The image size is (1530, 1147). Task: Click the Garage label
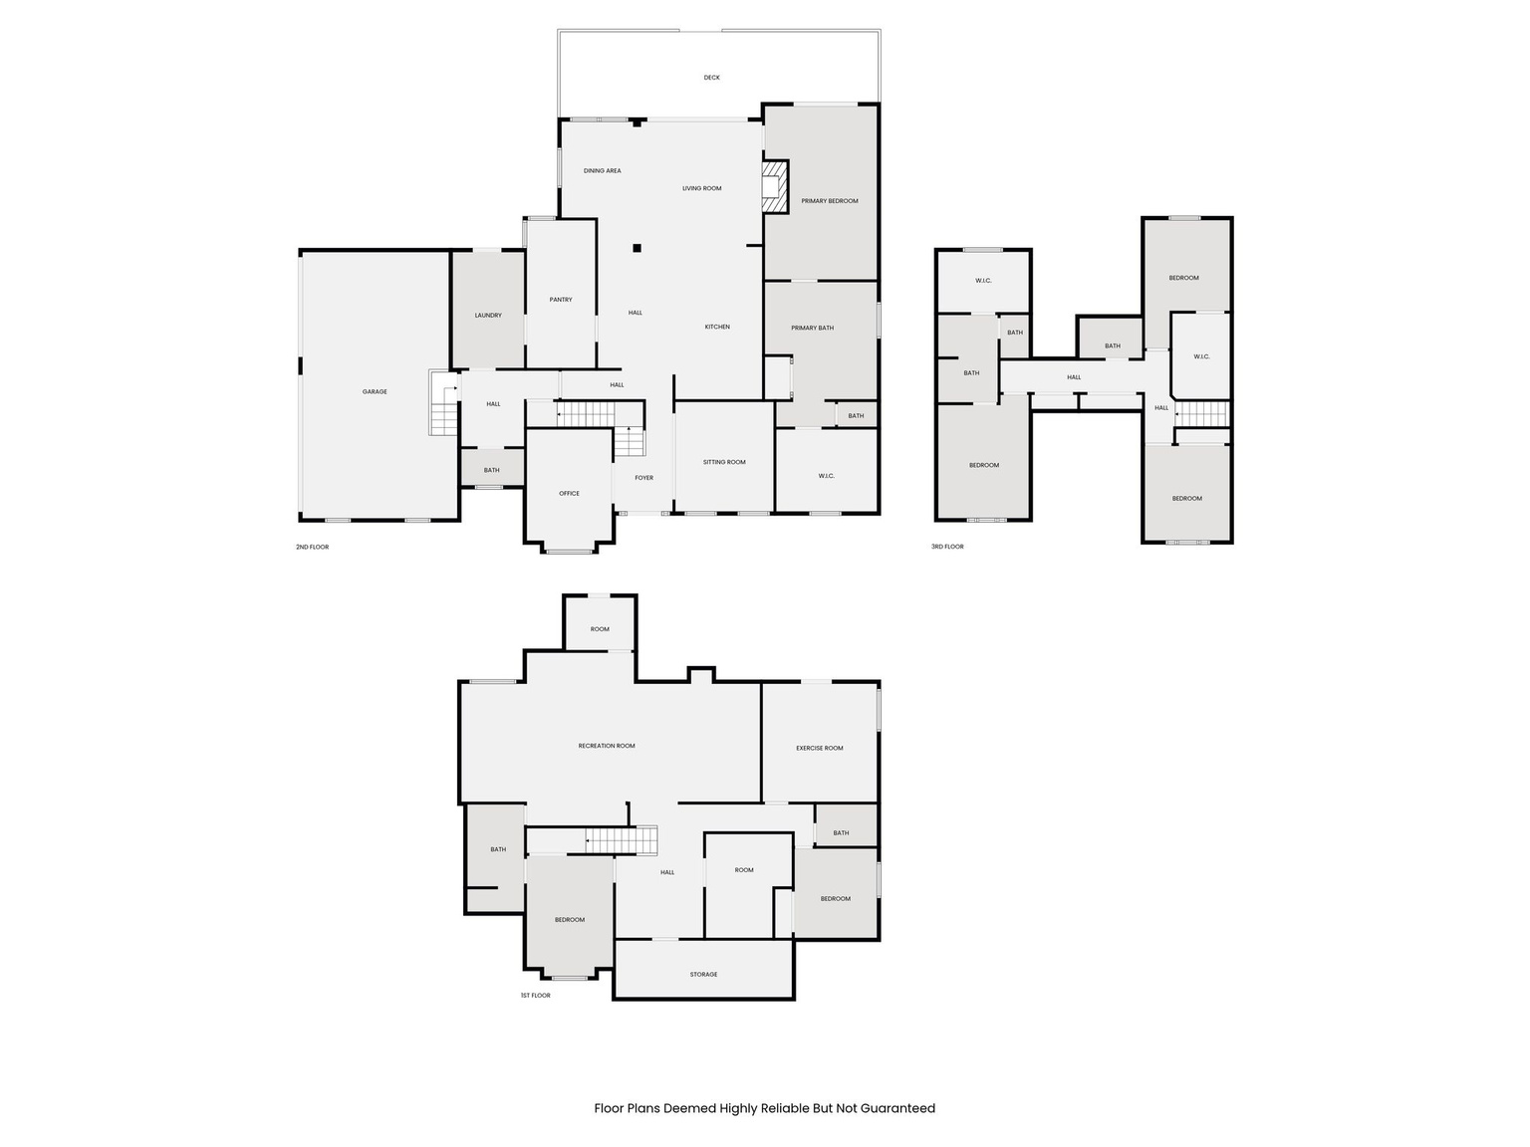click(x=375, y=392)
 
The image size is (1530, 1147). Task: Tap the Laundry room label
click(x=488, y=316)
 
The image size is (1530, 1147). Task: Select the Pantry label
click(x=561, y=300)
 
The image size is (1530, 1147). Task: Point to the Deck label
click(x=711, y=78)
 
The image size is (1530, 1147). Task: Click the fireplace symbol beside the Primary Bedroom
click(x=774, y=186)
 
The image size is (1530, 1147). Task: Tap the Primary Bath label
click(x=813, y=329)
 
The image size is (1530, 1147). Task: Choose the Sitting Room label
click(x=724, y=462)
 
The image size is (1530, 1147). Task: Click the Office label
click(x=569, y=494)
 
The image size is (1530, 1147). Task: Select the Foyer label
click(x=644, y=478)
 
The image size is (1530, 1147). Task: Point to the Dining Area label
click(x=602, y=171)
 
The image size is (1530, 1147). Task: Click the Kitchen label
click(x=717, y=328)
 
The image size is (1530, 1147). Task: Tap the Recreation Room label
click(x=607, y=746)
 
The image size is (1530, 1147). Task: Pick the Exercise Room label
click(x=820, y=749)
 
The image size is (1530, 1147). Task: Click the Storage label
click(x=703, y=975)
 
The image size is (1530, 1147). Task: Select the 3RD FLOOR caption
click(x=947, y=547)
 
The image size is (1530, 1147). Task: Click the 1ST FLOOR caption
click(x=535, y=996)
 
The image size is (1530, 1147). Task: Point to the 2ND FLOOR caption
click(x=312, y=548)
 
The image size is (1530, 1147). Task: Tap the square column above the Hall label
click(x=637, y=248)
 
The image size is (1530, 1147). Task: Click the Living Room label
click(x=701, y=189)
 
